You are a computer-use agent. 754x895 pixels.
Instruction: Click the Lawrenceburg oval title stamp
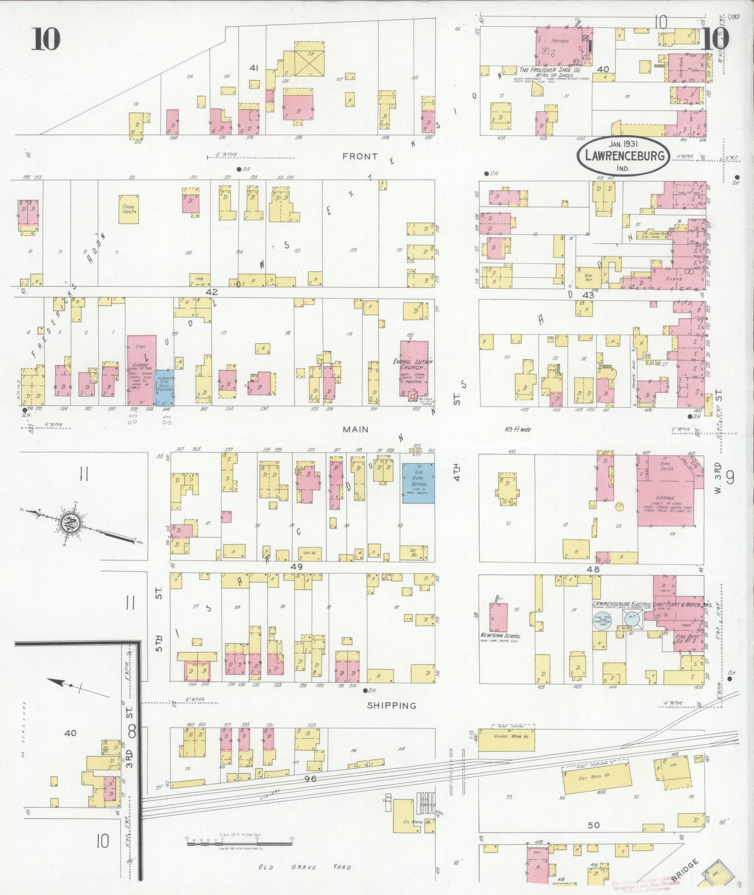click(624, 156)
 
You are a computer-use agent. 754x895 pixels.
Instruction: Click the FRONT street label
click(360, 156)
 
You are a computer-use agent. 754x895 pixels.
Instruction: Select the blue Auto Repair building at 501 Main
click(418, 483)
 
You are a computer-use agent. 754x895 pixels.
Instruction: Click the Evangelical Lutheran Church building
click(414, 368)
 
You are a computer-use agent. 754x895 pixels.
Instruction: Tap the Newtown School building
click(498, 618)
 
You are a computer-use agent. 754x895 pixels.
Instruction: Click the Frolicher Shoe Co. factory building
click(564, 49)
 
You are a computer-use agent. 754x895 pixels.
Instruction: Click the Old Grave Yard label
click(304, 867)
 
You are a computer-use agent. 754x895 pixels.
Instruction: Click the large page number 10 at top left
click(46, 39)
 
